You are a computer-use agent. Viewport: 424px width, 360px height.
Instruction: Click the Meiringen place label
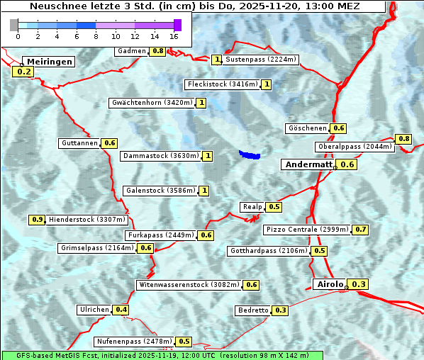coord(48,62)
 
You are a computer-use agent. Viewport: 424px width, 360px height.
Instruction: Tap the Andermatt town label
coord(308,164)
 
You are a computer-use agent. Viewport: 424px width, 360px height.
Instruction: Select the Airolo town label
coord(330,284)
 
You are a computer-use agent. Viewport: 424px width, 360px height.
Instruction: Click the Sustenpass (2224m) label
coord(261,60)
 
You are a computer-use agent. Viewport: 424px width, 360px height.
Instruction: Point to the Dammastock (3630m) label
coord(161,156)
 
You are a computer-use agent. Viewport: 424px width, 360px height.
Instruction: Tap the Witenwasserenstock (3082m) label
coord(189,285)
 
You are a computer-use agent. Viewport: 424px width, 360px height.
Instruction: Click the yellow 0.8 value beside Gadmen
coord(157,51)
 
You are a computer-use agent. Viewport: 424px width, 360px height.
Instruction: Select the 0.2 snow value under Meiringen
coord(23,72)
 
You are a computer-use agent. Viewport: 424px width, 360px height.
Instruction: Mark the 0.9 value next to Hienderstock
coord(38,220)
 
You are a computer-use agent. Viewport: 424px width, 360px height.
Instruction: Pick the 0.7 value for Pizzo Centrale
coord(361,230)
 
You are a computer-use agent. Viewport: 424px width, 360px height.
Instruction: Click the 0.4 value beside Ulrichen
coord(121,310)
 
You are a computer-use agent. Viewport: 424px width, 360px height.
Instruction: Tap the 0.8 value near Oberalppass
coord(403,139)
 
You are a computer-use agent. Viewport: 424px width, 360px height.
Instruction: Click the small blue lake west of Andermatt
coord(249,154)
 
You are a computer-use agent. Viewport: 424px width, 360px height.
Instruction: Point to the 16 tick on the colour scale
coord(174,35)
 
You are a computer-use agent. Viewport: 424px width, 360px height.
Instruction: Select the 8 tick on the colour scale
coord(96,35)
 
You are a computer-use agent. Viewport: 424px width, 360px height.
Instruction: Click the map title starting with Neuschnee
coord(194,6)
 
